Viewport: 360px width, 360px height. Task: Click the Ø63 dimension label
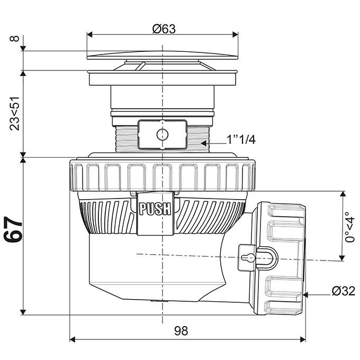(164, 30)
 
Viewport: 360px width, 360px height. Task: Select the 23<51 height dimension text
(15, 113)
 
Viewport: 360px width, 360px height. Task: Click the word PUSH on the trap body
(155, 209)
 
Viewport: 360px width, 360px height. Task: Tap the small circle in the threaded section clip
(162, 133)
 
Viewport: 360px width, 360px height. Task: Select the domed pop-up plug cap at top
(162, 55)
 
